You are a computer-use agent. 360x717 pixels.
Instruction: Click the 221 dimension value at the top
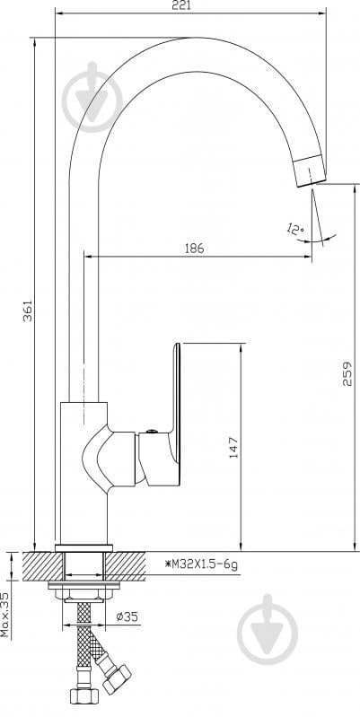tap(182, 5)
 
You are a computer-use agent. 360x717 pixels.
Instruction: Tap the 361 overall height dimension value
tap(28, 310)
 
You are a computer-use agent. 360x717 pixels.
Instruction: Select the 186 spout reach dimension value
tap(194, 249)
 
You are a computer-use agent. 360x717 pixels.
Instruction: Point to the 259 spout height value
tap(347, 373)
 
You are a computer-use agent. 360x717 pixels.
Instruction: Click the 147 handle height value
tap(233, 448)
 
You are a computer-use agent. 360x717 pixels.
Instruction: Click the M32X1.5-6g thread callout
tap(201, 565)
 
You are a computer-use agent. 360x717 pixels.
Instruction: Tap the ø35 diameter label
tap(127, 616)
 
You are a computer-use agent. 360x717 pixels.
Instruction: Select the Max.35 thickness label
tap(4, 615)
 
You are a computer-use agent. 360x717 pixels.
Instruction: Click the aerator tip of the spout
tap(310, 171)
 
